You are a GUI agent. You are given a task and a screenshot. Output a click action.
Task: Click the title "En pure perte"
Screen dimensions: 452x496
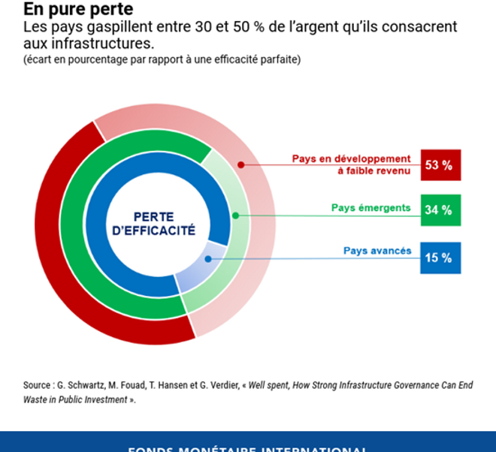point(68,10)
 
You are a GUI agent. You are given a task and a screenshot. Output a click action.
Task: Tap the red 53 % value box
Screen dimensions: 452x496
point(440,165)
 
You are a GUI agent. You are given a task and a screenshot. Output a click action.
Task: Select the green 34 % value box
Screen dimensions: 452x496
point(440,210)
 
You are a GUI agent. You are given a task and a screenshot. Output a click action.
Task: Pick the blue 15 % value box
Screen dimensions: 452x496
point(440,258)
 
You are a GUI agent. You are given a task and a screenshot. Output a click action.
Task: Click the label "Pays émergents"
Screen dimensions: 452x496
point(371,208)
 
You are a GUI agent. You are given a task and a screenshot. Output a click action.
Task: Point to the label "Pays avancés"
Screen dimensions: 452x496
point(377,251)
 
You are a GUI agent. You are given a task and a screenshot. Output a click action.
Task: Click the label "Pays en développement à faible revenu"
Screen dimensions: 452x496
point(352,164)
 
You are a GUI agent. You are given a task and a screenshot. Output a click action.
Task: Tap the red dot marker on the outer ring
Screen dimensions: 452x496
point(240,164)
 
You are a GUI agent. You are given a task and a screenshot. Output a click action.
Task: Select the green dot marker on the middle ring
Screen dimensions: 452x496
point(235,215)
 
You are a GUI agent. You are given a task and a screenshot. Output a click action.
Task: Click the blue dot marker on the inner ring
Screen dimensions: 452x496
point(207,259)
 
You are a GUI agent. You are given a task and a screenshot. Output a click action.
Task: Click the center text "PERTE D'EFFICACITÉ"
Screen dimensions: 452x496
point(153,223)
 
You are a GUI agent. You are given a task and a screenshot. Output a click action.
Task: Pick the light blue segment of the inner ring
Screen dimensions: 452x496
point(199,266)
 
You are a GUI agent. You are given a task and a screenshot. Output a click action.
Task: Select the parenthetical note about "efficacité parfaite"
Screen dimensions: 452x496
point(162,60)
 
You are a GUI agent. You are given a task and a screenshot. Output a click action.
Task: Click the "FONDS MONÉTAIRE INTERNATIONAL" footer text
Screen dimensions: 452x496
point(247,447)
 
